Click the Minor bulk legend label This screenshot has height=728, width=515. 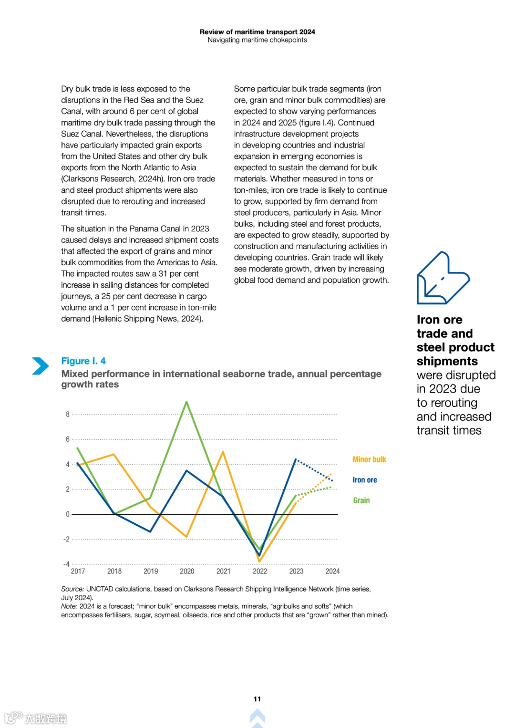pyautogui.click(x=369, y=459)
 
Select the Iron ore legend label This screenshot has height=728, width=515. pyautogui.click(x=364, y=480)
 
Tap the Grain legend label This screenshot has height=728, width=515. pyautogui.click(x=361, y=500)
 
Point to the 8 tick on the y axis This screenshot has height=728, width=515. pyautogui.click(x=68, y=414)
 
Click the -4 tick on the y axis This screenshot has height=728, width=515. pyautogui.click(x=67, y=564)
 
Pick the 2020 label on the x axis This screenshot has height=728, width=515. pyautogui.click(x=187, y=571)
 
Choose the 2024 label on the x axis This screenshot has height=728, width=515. pyautogui.click(x=332, y=571)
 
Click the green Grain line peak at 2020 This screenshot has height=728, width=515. pyautogui.click(x=186, y=402)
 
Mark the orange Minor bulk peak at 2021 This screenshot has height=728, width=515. pyautogui.click(x=223, y=452)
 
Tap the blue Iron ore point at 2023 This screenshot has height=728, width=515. pyautogui.click(x=296, y=459)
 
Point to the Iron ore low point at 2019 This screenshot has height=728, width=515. pyautogui.click(x=150, y=531)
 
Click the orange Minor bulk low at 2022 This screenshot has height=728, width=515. pyautogui.click(x=259, y=561)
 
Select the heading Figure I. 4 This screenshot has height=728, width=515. pyautogui.click(x=83, y=361)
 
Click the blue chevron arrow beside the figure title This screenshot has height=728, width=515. pyautogui.click(x=41, y=366)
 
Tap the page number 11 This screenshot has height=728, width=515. pyautogui.click(x=257, y=699)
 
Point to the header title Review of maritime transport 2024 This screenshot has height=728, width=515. pyautogui.click(x=257, y=32)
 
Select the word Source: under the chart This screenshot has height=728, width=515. pyautogui.click(x=72, y=589)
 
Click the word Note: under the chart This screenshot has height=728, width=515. pyautogui.click(x=69, y=606)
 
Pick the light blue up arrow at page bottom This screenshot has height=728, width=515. pyautogui.click(x=257, y=717)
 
